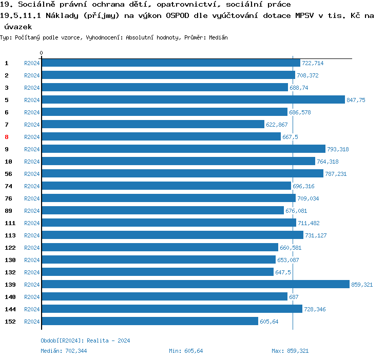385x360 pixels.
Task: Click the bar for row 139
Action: click(195, 284)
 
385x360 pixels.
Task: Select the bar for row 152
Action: click(149, 321)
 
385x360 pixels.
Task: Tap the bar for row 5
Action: click(193, 99)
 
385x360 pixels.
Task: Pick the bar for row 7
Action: click(152, 124)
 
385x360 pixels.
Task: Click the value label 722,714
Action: click(313, 63)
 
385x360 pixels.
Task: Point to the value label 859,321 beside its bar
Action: click(362, 285)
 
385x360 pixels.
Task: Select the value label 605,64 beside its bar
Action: click(269, 322)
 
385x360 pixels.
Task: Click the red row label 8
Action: click(7, 137)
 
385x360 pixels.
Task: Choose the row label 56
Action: click(8, 174)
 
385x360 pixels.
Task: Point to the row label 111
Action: click(10, 223)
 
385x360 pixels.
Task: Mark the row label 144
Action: click(10, 309)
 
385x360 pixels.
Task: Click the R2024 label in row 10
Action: click(32, 162)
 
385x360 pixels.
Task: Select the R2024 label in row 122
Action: click(32, 248)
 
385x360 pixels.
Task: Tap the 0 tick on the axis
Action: click(42, 53)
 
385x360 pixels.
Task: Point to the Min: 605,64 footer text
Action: click(186, 351)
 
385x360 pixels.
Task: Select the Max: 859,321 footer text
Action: click(290, 351)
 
